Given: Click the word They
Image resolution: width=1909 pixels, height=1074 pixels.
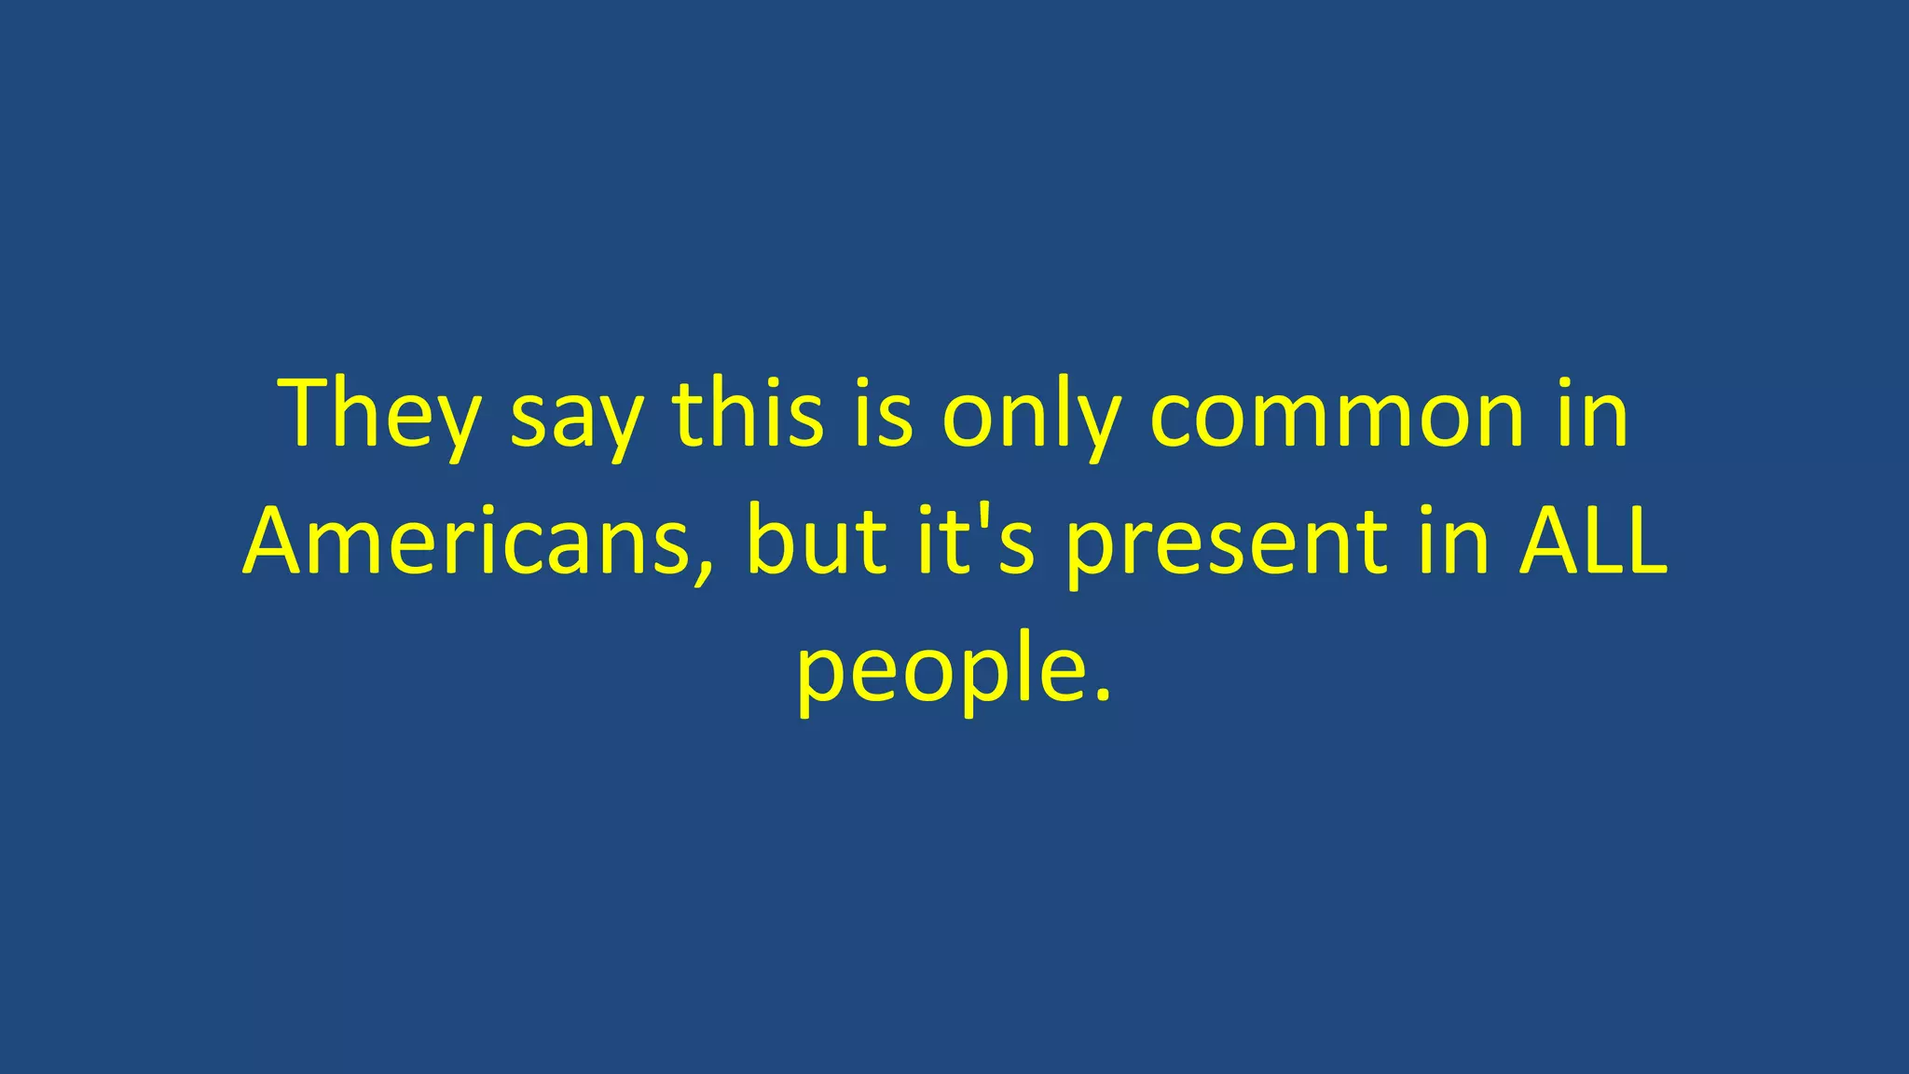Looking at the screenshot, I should coord(380,413).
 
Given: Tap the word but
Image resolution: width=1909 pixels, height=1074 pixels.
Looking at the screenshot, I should coord(817,541).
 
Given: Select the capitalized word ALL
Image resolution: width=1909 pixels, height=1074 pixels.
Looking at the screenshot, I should coord(1592,541).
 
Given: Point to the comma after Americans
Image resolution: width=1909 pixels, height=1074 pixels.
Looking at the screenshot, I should coord(702,571).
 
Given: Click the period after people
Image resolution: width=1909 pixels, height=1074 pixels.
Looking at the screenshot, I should coord(1103,694).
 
